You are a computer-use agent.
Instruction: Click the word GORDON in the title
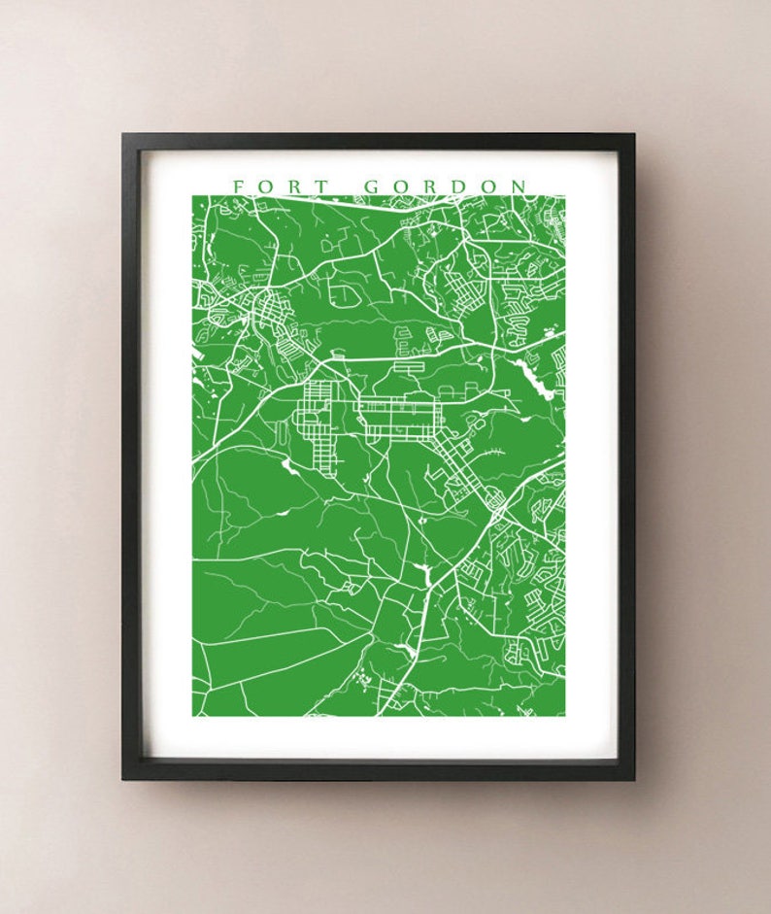(446, 186)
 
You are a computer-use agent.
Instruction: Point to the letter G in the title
(372, 186)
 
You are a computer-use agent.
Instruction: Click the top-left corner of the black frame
(123, 135)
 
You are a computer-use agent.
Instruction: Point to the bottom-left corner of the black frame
(123, 778)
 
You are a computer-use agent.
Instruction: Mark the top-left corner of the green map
(193, 196)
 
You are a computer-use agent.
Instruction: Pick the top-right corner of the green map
(564, 196)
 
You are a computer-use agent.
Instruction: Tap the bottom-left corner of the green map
(193, 716)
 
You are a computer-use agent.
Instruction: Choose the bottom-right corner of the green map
(564, 716)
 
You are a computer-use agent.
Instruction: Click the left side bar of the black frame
(130, 457)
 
